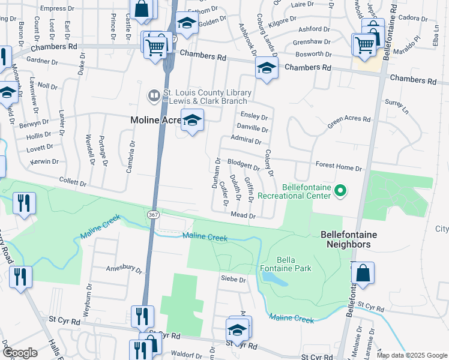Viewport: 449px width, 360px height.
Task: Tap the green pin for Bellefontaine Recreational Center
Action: (340, 191)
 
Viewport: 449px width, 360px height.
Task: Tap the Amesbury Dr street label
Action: (124, 269)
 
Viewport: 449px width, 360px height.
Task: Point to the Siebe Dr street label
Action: (234, 280)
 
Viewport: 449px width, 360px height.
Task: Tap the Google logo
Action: (19, 353)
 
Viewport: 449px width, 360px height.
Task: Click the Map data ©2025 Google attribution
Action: (412, 355)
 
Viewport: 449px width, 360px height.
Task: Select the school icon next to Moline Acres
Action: (192, 122)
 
